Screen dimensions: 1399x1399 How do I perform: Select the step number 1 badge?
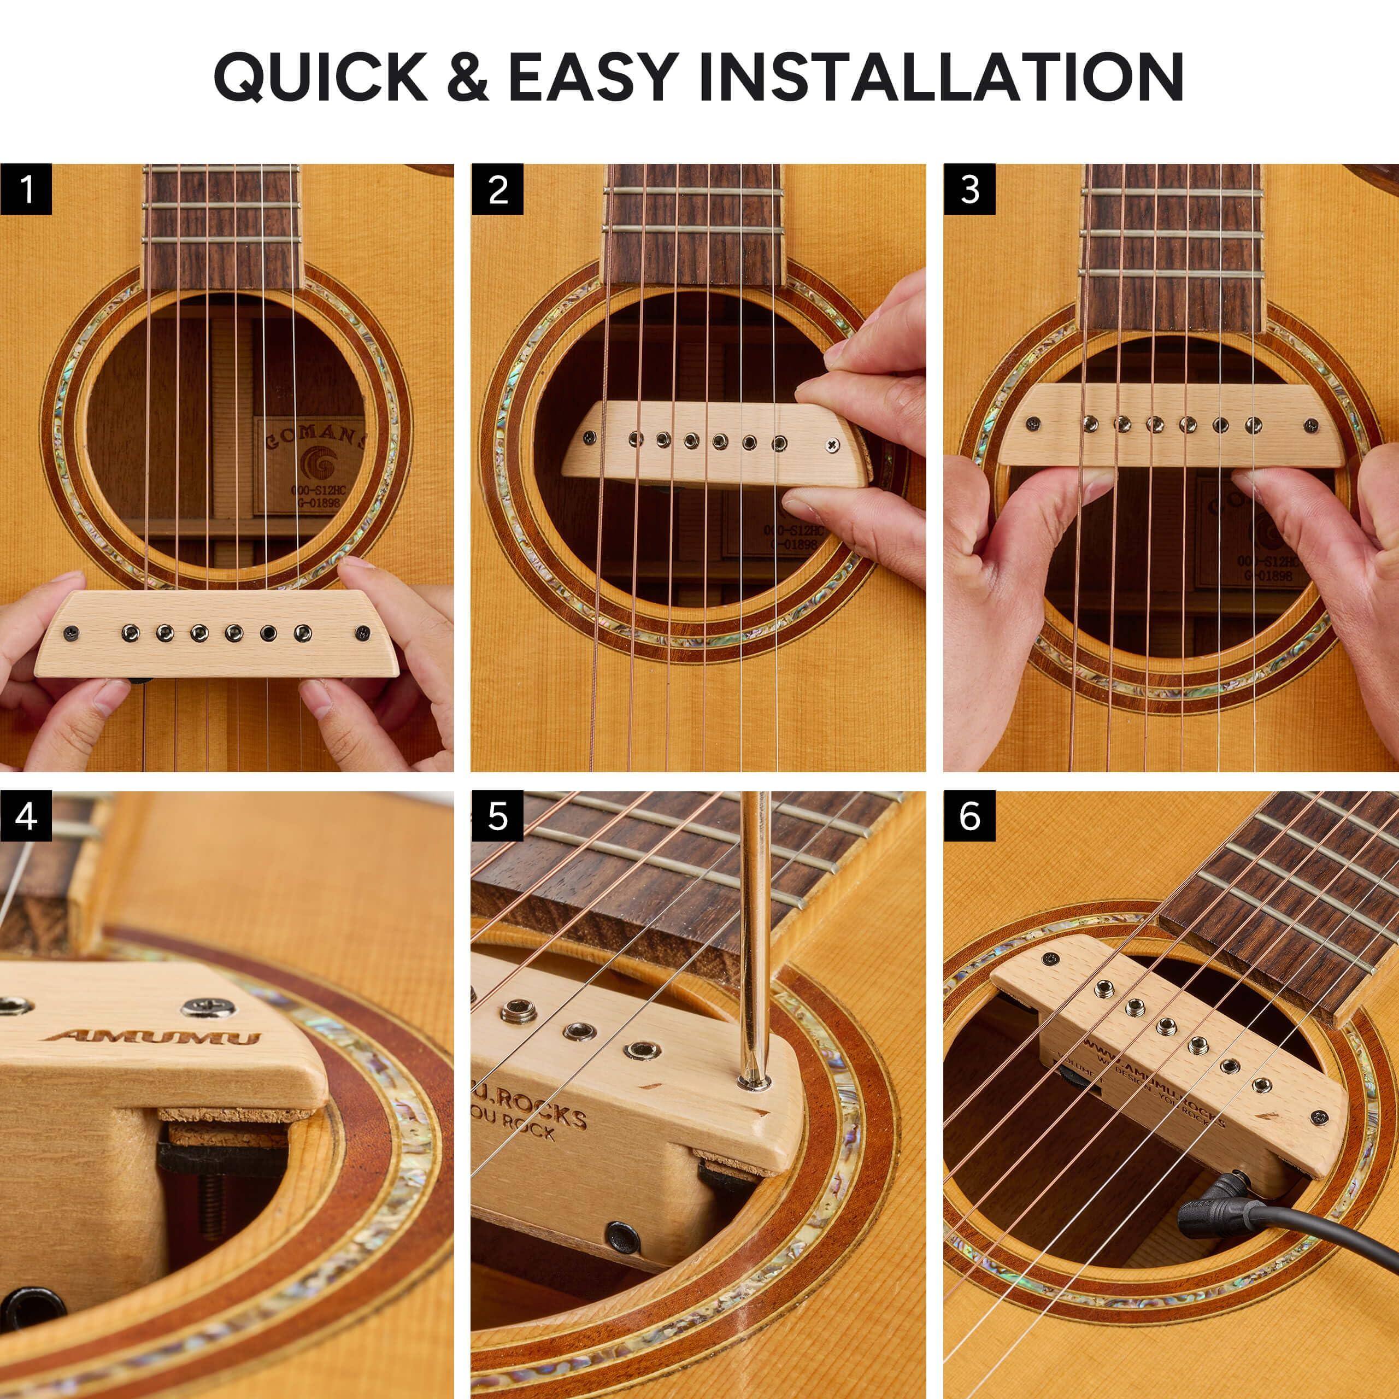pos(26,190)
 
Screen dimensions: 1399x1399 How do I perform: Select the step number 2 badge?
pos(497,190)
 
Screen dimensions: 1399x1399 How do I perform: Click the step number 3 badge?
pos(969,190)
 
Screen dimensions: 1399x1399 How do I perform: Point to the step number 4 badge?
pos(26,817)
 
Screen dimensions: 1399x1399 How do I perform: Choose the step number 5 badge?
pos(497,817)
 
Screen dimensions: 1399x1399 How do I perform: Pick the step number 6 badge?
pos(969,817)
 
